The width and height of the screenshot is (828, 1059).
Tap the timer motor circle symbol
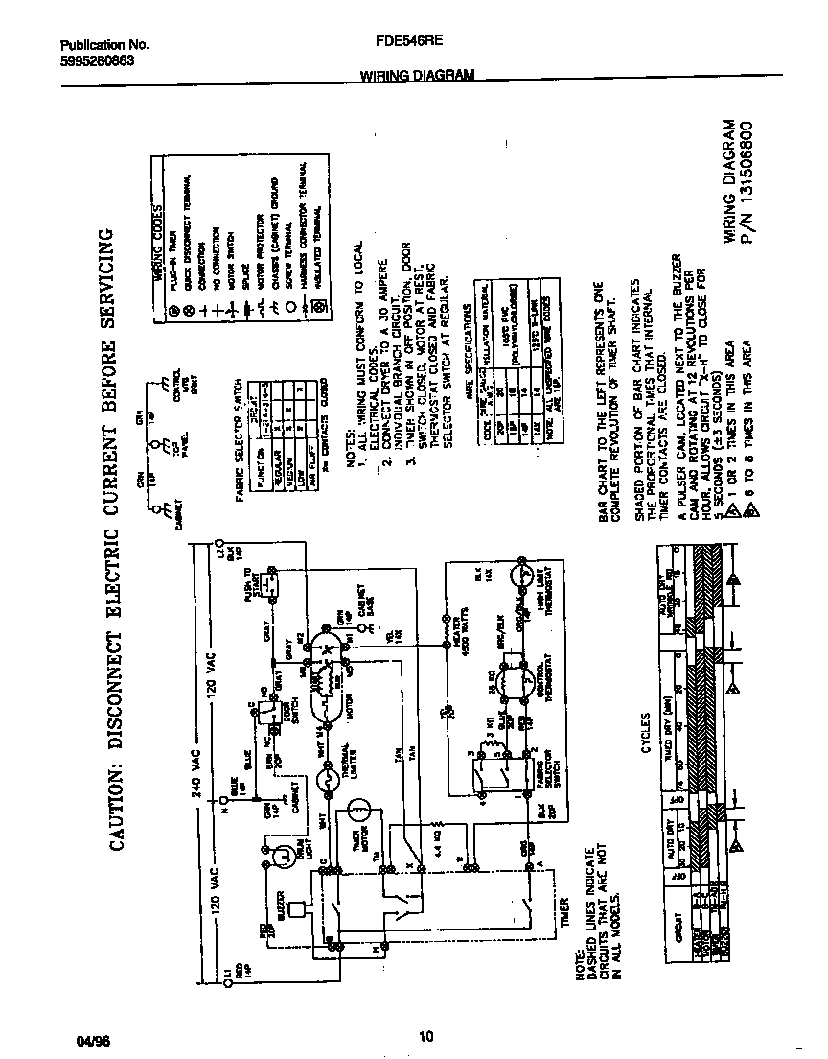[x=357, y=811]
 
